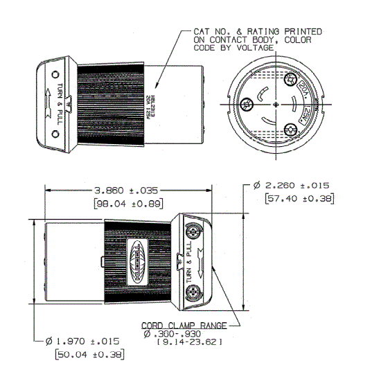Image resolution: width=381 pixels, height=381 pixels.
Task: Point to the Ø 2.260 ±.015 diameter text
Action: tap(292, 186)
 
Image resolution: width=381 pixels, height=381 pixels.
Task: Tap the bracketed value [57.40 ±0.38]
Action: tap(299, 199)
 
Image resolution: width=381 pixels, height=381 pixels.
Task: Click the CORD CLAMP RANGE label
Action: tap(181, 325)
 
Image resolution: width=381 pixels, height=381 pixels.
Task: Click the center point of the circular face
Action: tap(276, 104)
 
